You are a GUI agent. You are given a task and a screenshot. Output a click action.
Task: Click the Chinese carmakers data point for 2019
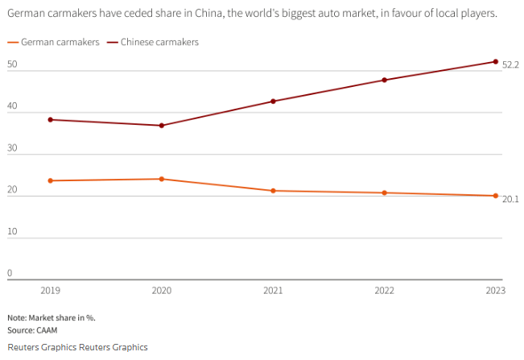[x=51, y=119]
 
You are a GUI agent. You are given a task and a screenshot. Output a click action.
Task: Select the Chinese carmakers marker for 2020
[x=162, y=126]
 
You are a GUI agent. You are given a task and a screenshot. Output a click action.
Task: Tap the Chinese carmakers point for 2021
[x=273, y=101]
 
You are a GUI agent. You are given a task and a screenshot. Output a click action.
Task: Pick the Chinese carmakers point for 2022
[x=384, y=80]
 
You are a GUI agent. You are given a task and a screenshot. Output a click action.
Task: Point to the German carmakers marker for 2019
[x=51, y=180]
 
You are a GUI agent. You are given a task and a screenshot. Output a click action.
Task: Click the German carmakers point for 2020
[x=162, y=179]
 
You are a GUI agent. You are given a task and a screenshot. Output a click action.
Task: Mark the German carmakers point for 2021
[x=273, y=191]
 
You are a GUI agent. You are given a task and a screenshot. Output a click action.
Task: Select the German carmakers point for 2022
[x=384, y=192]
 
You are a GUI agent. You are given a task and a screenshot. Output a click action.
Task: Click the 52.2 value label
[x=510, y=64]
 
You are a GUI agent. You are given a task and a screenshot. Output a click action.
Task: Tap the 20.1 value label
[x=510, y=198]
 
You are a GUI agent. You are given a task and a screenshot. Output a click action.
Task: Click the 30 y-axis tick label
[x=12, y=148]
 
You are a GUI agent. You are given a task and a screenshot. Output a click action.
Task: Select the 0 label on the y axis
[x=10, y=273]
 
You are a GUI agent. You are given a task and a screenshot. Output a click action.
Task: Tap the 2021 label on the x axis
[x=273, y=290]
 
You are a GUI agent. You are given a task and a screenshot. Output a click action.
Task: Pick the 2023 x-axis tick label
[x=495, y=290]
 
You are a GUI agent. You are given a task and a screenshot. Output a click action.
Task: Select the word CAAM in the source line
[x=46, y=330]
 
